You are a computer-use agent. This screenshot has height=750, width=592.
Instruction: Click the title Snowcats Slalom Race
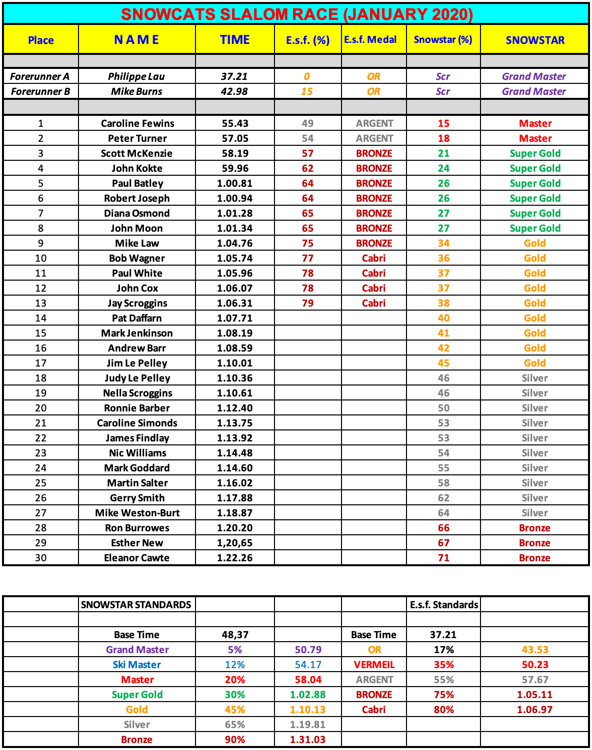click(296, 14)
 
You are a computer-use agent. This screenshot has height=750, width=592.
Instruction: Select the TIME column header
click(234, 39)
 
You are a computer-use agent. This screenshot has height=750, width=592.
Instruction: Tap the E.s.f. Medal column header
click(370, 39)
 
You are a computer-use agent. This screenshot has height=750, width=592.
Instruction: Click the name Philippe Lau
click(136, 76)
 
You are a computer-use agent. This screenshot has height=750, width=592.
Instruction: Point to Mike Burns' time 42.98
click(234, 91)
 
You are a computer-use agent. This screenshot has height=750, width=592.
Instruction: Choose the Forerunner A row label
click(40, 76)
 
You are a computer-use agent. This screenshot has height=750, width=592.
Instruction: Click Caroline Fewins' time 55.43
click(234, 123)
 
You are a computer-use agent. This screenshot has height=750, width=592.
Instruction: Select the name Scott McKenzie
click(136, 153)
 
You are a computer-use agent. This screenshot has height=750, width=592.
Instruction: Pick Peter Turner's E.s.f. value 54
click(307, 138)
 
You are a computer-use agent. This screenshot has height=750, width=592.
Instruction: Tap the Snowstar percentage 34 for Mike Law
click(443, 243)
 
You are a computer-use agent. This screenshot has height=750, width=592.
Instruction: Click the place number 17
click(40, 363)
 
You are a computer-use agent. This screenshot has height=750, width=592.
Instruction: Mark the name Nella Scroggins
click(137, 393)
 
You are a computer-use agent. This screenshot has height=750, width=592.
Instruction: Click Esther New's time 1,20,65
click(234, 543)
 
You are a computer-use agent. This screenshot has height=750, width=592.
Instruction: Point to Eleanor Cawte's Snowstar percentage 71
click(443, 558)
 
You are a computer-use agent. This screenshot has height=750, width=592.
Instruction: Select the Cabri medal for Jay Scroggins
click(373, 303)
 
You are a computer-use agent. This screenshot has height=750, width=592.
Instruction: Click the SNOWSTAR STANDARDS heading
click(136, 605)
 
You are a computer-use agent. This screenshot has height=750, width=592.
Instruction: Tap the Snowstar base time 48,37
click(235, 635)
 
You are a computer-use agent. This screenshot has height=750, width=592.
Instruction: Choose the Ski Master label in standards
click(137, 665)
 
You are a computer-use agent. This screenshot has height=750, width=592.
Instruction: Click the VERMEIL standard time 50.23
click(534, 665)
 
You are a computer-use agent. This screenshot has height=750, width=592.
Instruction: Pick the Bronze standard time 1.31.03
click(307, 740)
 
